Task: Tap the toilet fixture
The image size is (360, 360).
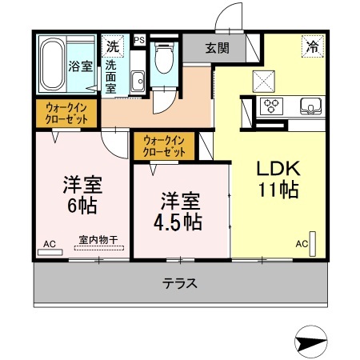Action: (164, 58)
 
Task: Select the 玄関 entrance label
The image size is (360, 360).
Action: (216, 48)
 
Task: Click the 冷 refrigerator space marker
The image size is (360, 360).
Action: (311, 46)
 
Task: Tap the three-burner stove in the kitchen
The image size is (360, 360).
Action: (272, 105)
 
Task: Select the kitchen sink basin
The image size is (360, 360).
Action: (309, 105)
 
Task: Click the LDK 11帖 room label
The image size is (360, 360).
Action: (278, 179)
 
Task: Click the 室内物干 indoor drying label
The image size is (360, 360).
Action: (98, 238)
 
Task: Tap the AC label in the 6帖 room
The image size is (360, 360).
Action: (49, 242)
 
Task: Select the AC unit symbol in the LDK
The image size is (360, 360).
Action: (314, 243)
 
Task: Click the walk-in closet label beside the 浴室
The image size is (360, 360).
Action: (66, 112)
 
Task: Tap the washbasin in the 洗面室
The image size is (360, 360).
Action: (137, 79)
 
